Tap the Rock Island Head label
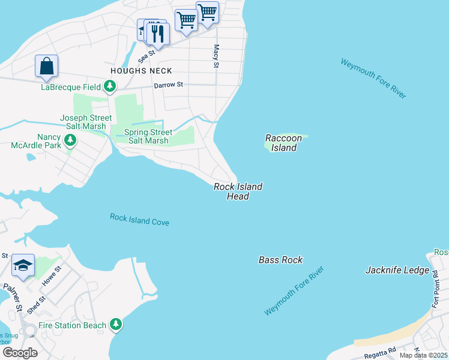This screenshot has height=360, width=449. click(238, 191)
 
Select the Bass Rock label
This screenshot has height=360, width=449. click(280, 260)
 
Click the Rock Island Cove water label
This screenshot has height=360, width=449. click(139, 220)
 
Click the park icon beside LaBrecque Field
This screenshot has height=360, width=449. click(109, 87)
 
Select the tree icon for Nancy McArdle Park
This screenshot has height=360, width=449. click(71, 140)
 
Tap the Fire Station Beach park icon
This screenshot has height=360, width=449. click(116, 325)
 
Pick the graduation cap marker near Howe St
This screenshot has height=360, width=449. click(23, 266)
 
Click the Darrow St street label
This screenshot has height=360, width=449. click(168, 85)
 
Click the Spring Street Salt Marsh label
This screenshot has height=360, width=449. click(148, 136)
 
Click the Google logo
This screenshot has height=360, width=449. click(20, 352)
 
